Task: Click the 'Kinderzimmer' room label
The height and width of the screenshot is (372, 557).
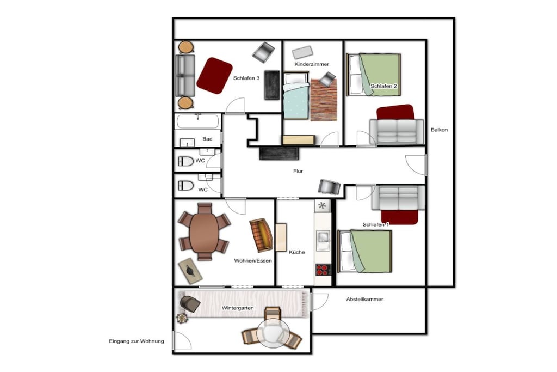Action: pos(312,64)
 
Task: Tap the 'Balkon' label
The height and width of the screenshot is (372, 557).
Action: pos(439,130)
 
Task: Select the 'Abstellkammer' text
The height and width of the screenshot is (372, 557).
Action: pos(364,300)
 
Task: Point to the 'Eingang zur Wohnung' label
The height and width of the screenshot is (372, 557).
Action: pos(137,341)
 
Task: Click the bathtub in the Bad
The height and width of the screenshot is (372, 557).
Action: pos(197,121)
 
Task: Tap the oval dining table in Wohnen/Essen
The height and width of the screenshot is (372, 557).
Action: pos(204,232)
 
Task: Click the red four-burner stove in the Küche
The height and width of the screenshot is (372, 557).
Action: pos(323,270)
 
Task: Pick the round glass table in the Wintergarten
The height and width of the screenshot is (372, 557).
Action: pos(273,333)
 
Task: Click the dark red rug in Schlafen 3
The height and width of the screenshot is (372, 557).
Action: pos(214,75)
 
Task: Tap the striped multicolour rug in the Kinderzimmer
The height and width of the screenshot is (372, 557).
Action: pos(323,100)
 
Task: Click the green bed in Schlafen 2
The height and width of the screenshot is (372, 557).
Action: pos(374,75)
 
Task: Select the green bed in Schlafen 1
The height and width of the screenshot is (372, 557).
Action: pos(364,251)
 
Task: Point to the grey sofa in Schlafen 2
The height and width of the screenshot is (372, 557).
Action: pos(397,132)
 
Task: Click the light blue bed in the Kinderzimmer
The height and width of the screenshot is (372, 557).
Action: pos(296,96)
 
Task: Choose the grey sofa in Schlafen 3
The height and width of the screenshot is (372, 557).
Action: pos(185,75)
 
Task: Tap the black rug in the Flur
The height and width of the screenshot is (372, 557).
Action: pos(279,153)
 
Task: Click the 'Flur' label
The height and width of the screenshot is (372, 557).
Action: pos(298,171)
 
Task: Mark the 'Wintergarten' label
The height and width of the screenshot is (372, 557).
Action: pos(238,308)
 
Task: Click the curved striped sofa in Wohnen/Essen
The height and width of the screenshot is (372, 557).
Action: pos(262,235)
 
